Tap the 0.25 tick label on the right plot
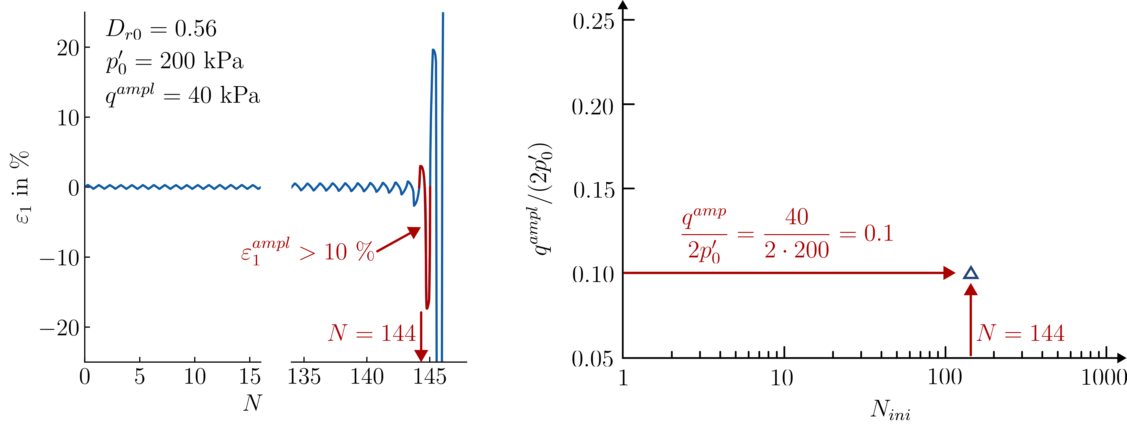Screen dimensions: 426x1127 click(x=593, y=21)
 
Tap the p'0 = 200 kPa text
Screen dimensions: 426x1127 click(x=174, y=61)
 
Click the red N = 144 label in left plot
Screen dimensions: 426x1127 click(x=372, y=333)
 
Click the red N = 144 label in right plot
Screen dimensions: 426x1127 click(x=1021, y=333)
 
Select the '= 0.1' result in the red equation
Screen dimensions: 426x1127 click(x=866, y=233)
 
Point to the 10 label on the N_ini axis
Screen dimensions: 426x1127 click(x=782, y=377)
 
